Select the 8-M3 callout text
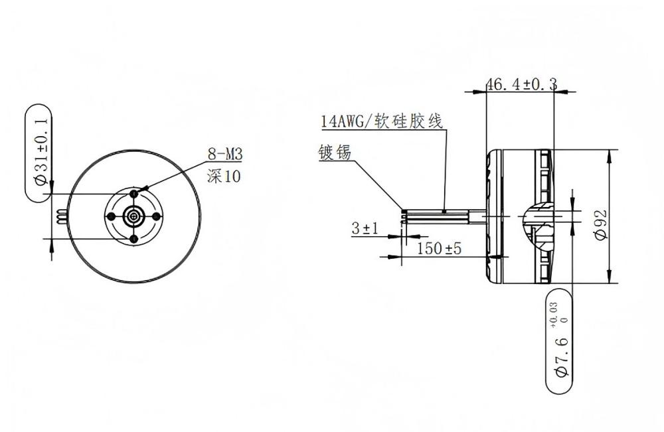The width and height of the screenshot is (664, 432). tap(226, 155)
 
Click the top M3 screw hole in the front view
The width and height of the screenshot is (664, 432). tap(134, 193)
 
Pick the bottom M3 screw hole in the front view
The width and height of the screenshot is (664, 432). tap(134, 238)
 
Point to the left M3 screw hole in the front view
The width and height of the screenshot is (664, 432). tap(111, 216)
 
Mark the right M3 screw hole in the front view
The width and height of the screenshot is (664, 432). tap(157, 216)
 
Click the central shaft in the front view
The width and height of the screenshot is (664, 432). tap(134, 216)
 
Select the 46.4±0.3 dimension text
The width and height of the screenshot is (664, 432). tap(521, 84)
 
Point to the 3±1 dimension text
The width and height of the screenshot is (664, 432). tap(365, 229)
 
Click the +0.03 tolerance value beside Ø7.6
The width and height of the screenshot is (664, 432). tap(554, 313)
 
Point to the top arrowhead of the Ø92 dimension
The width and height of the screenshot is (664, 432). tap(610, 154)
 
